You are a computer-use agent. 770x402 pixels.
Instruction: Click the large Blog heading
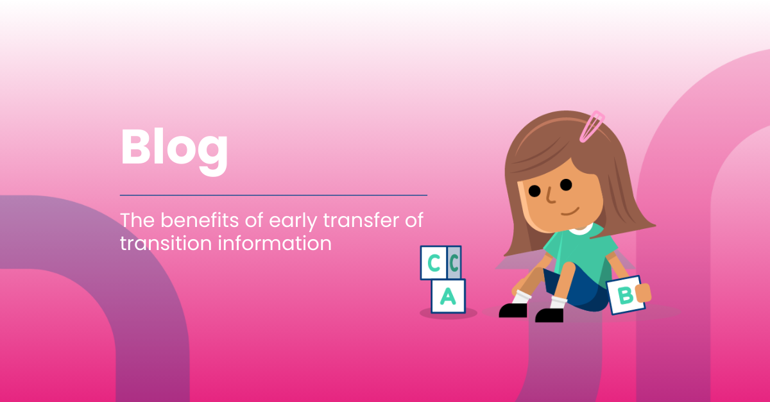pyautogui.click(x=174, y=151)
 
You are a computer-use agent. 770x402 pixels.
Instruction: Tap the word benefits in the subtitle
pyautogui.click(x=200, y=220)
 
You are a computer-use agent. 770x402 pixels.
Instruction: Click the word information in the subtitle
pyautogui.click(x=275, y=243)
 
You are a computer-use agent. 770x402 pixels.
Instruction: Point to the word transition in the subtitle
pyautogui.click(x=166, y=243)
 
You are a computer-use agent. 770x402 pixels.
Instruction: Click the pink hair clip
pyautogui.click(x=592, y=126)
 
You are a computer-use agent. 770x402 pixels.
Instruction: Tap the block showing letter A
pyautogui.click(x=449, y=296)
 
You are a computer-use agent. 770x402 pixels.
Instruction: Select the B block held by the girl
pyautogui.click(x=626, y=295)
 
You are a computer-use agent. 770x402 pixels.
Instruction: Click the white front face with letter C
pyautogui.click(x=434, y=263)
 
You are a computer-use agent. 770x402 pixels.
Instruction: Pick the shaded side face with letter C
pyautogui.click(x=454, y=263)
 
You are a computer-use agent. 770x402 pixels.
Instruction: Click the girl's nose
pyautogui.click(x=551, y=195)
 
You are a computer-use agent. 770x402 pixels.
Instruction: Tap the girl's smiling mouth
pyautogui.click(x=570, y=212)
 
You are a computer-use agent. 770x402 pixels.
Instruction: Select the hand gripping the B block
pyautogui.click(x=643, y=293)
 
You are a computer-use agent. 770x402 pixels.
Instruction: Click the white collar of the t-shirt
pyautogui.click(x=581, y=230)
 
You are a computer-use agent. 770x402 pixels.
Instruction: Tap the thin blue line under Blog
pyautogui.click(x=273, y=195)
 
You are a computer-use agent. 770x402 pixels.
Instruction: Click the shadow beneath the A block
pyautogui.click(x=449, y=313)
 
